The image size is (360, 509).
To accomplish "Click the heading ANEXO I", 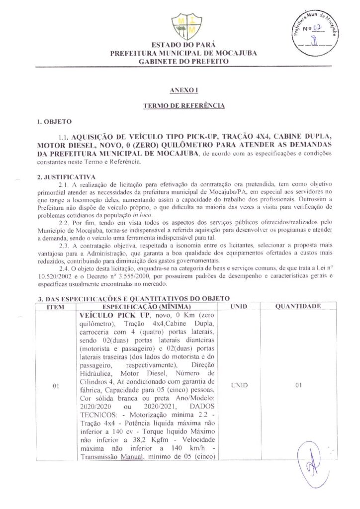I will click(x=183, y=90).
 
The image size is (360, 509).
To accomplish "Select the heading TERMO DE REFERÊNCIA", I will click(x=184, y=106).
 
